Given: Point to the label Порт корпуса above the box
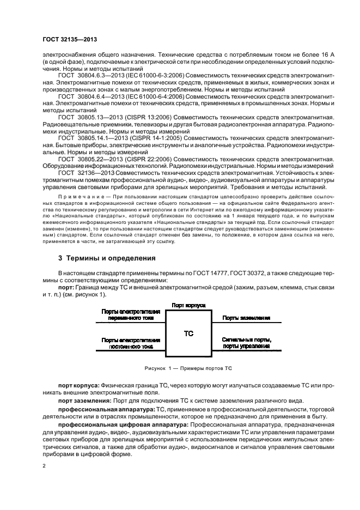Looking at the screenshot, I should [187, 306].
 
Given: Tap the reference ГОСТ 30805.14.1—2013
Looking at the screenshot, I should [91, 138].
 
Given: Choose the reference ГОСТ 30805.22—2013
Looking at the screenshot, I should [89, 160].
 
